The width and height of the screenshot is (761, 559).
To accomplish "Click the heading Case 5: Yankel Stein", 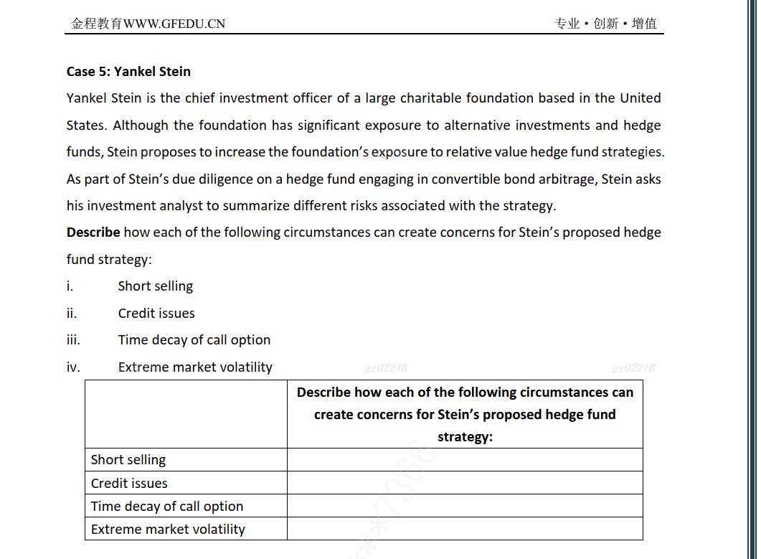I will coord(128,71).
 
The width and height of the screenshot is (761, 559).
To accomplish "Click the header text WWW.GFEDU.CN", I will coord(174,24).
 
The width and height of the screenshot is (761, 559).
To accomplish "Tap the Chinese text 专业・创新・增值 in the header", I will coord(605,24).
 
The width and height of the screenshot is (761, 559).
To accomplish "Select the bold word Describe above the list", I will coord(93,232).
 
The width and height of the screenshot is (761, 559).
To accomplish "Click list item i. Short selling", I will coord(155,286).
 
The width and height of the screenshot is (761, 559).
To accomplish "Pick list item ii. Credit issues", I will coord(156,313).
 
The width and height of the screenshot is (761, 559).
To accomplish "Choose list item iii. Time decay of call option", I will coord(194,339).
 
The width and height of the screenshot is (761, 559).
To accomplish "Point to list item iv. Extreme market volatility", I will coord(195,367).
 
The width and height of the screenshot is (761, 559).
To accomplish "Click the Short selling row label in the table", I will coord(128,460).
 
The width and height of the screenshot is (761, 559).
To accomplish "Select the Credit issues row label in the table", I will coord(129,483).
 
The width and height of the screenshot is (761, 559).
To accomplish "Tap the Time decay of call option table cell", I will coord(167,506).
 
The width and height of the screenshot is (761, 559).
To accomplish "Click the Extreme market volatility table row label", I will coord(168,529).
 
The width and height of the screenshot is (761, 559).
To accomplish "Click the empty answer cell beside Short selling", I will coord(465,460).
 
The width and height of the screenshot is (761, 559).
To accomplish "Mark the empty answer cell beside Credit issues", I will coord(465,483).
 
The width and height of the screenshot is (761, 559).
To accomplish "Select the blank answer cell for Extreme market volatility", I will coord(465,529).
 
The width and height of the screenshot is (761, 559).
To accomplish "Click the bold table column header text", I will coord(465,414).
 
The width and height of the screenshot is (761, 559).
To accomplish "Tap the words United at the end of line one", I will coord(640,98).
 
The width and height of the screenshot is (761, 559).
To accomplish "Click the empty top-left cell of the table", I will coord(186,414).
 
